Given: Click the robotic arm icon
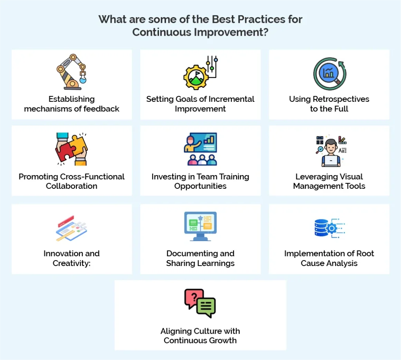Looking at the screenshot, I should pyautogui.click(x=71, y=72).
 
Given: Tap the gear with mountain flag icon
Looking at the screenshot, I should pyautogui.click(x=200, y=73).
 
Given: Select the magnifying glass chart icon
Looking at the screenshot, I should pyautogui.click(x=329, y=73).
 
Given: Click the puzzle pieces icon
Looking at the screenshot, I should pyautogui.click(x=71, y=149).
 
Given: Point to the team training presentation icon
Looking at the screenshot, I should pyautogui.click(x=200, y=149).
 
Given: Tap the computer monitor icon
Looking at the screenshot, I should pyautogui.click(x=200, y=226).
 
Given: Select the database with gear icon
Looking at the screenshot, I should pyautogui.click(x=329, y=228).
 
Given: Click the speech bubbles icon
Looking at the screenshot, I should pyautogui.click(x=200, y=303).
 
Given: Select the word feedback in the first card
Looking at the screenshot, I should pyautogui.click(x=100, y=109).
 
